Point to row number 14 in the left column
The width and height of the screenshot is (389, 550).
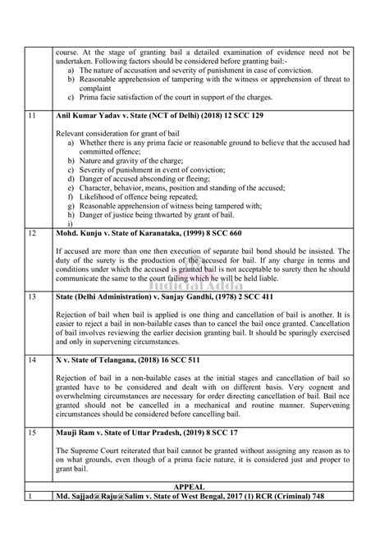point(32,360)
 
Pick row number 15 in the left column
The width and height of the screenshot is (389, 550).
point(32,432)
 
